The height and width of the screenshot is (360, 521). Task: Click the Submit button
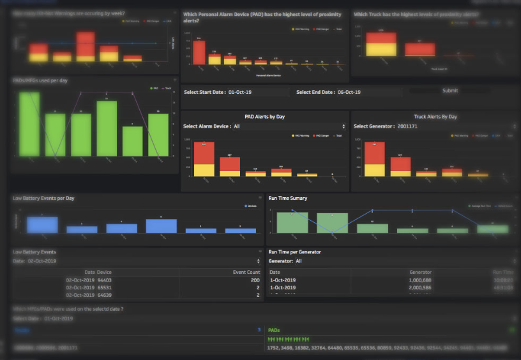click(449, 91)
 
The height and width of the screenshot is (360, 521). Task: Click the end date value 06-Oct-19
click(349, 93)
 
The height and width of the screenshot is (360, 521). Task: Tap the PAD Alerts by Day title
click(264, 117)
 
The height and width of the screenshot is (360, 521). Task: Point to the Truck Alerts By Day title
click(435, 117)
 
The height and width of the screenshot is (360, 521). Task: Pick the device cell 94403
click(104, 280)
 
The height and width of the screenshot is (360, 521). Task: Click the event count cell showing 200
click(254, 280)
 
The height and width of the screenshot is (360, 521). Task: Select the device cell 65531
click(104, 288)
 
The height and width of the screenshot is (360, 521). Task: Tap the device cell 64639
click(104, 296)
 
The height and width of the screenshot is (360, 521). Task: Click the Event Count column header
click(246, 272)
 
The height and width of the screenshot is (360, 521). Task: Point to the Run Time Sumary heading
click(288, 199)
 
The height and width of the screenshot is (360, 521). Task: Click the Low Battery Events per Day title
click(43, 199)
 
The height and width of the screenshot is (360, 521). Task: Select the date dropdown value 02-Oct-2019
click(42, 261)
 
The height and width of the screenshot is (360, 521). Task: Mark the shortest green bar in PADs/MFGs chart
click(132, 141)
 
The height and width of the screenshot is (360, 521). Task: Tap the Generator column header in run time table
click(421, 272)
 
